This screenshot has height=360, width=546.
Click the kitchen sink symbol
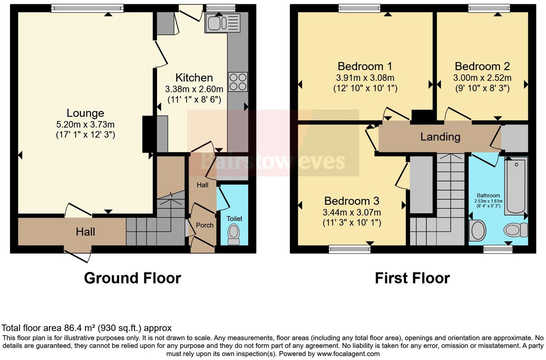coord(222,23)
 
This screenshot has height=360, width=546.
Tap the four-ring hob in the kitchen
coord(238,82)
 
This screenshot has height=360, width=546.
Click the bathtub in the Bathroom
coord(516,186)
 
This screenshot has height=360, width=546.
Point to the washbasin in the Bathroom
coord(478,230)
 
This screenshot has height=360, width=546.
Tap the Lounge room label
coord(85,113)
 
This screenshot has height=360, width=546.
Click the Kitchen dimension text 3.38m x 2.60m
coord(194,89)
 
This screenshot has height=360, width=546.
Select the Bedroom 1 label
coord(365,66)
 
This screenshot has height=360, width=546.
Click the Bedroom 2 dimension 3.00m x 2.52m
coord(482,78)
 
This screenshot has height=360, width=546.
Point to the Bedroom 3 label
coord(352,201)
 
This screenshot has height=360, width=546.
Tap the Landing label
coord(440,137)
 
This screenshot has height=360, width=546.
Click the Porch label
coord(204,225)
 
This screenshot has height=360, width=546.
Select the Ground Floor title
coord(132,278)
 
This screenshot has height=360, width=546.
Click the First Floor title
coord(412,278)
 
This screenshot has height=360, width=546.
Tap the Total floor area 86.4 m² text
coord(87,328)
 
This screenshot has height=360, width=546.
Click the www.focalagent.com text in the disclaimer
coord(348,354)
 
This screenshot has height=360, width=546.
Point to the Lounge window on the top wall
coord(87,8)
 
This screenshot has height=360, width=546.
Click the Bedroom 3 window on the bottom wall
coord(350,249)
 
